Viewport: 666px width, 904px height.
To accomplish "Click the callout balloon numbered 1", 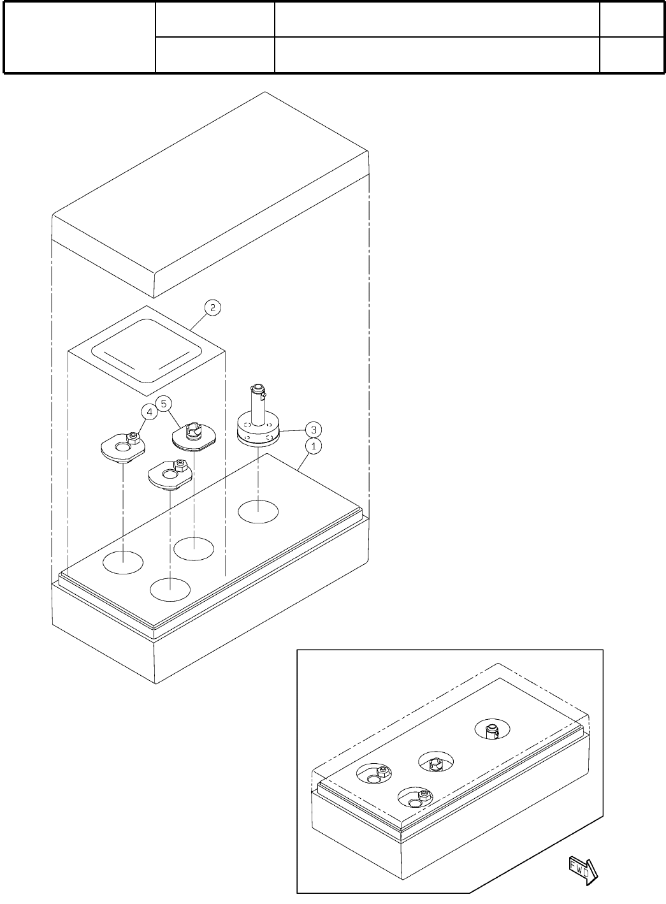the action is (313, 446).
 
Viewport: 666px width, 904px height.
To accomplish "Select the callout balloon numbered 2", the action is (212, 307).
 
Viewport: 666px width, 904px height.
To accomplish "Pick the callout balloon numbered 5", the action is (164, 404).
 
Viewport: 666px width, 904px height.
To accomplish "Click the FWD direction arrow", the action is (583, 869).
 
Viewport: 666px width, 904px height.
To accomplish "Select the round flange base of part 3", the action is (258, 433).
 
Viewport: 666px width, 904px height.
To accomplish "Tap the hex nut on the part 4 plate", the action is (133, 438).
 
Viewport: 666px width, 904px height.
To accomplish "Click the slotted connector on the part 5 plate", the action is (192, 432).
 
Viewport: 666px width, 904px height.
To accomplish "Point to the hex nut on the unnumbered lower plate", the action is (180, 466).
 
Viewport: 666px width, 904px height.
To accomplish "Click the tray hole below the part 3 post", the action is (258, 511).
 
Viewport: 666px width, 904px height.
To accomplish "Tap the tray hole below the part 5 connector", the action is (194, 548).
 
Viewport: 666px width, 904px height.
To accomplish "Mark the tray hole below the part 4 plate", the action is (122, 562).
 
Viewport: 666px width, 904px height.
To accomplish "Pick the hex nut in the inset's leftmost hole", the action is (381, 772).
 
